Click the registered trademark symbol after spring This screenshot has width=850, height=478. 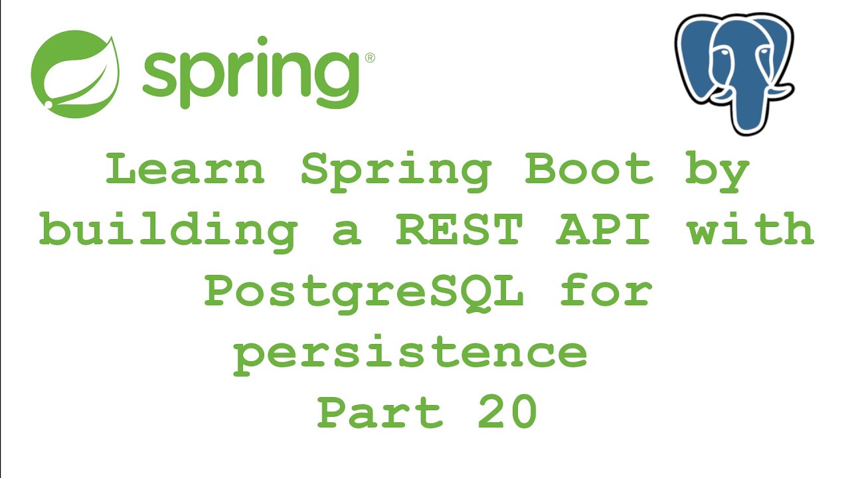[370, 58]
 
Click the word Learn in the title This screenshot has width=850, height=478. [185, 170]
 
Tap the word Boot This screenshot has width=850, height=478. [589, 170]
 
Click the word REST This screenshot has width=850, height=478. [459, 230]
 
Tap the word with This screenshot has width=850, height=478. [750, 230]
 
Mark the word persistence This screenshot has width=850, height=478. [410, 355]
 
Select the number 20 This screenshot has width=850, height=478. [507, 412]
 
